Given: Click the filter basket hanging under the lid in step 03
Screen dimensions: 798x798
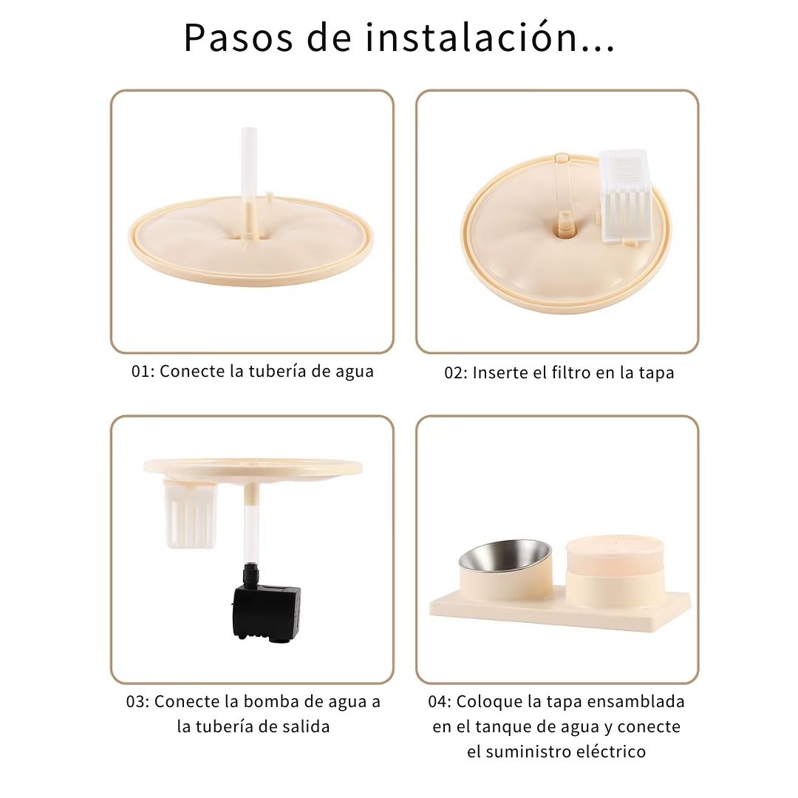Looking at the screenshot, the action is [191, 514].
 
